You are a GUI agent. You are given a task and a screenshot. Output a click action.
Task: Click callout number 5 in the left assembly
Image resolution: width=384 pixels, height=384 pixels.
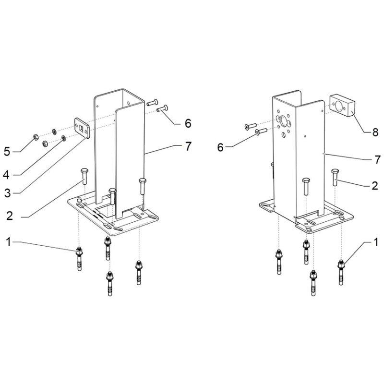7,152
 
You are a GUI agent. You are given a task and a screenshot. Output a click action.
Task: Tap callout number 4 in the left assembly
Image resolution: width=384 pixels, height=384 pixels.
6,175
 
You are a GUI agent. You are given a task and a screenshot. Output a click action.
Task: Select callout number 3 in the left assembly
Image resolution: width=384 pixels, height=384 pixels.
8,193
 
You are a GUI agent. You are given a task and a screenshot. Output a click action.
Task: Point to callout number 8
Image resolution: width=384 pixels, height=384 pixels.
375,132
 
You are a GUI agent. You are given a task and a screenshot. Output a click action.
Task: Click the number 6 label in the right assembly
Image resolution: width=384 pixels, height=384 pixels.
220,147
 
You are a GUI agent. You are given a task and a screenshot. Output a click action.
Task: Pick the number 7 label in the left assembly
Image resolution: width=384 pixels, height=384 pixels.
188,146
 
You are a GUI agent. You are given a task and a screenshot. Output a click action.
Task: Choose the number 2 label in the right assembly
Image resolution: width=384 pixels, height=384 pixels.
375,186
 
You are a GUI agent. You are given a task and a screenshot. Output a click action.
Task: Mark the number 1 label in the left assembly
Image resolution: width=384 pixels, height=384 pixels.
9,242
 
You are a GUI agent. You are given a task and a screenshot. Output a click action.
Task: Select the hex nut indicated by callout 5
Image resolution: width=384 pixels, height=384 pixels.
35,137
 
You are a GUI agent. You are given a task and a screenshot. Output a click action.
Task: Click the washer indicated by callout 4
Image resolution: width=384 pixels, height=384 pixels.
63,139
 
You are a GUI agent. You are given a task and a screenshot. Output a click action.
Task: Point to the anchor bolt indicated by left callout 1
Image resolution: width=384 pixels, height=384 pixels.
79,259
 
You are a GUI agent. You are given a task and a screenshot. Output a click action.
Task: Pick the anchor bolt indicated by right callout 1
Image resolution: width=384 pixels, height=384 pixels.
341,272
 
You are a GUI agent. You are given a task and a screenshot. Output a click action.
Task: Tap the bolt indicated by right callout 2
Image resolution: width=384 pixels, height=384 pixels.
335,177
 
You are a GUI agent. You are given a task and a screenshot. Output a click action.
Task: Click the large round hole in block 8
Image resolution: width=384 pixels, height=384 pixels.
339,106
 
